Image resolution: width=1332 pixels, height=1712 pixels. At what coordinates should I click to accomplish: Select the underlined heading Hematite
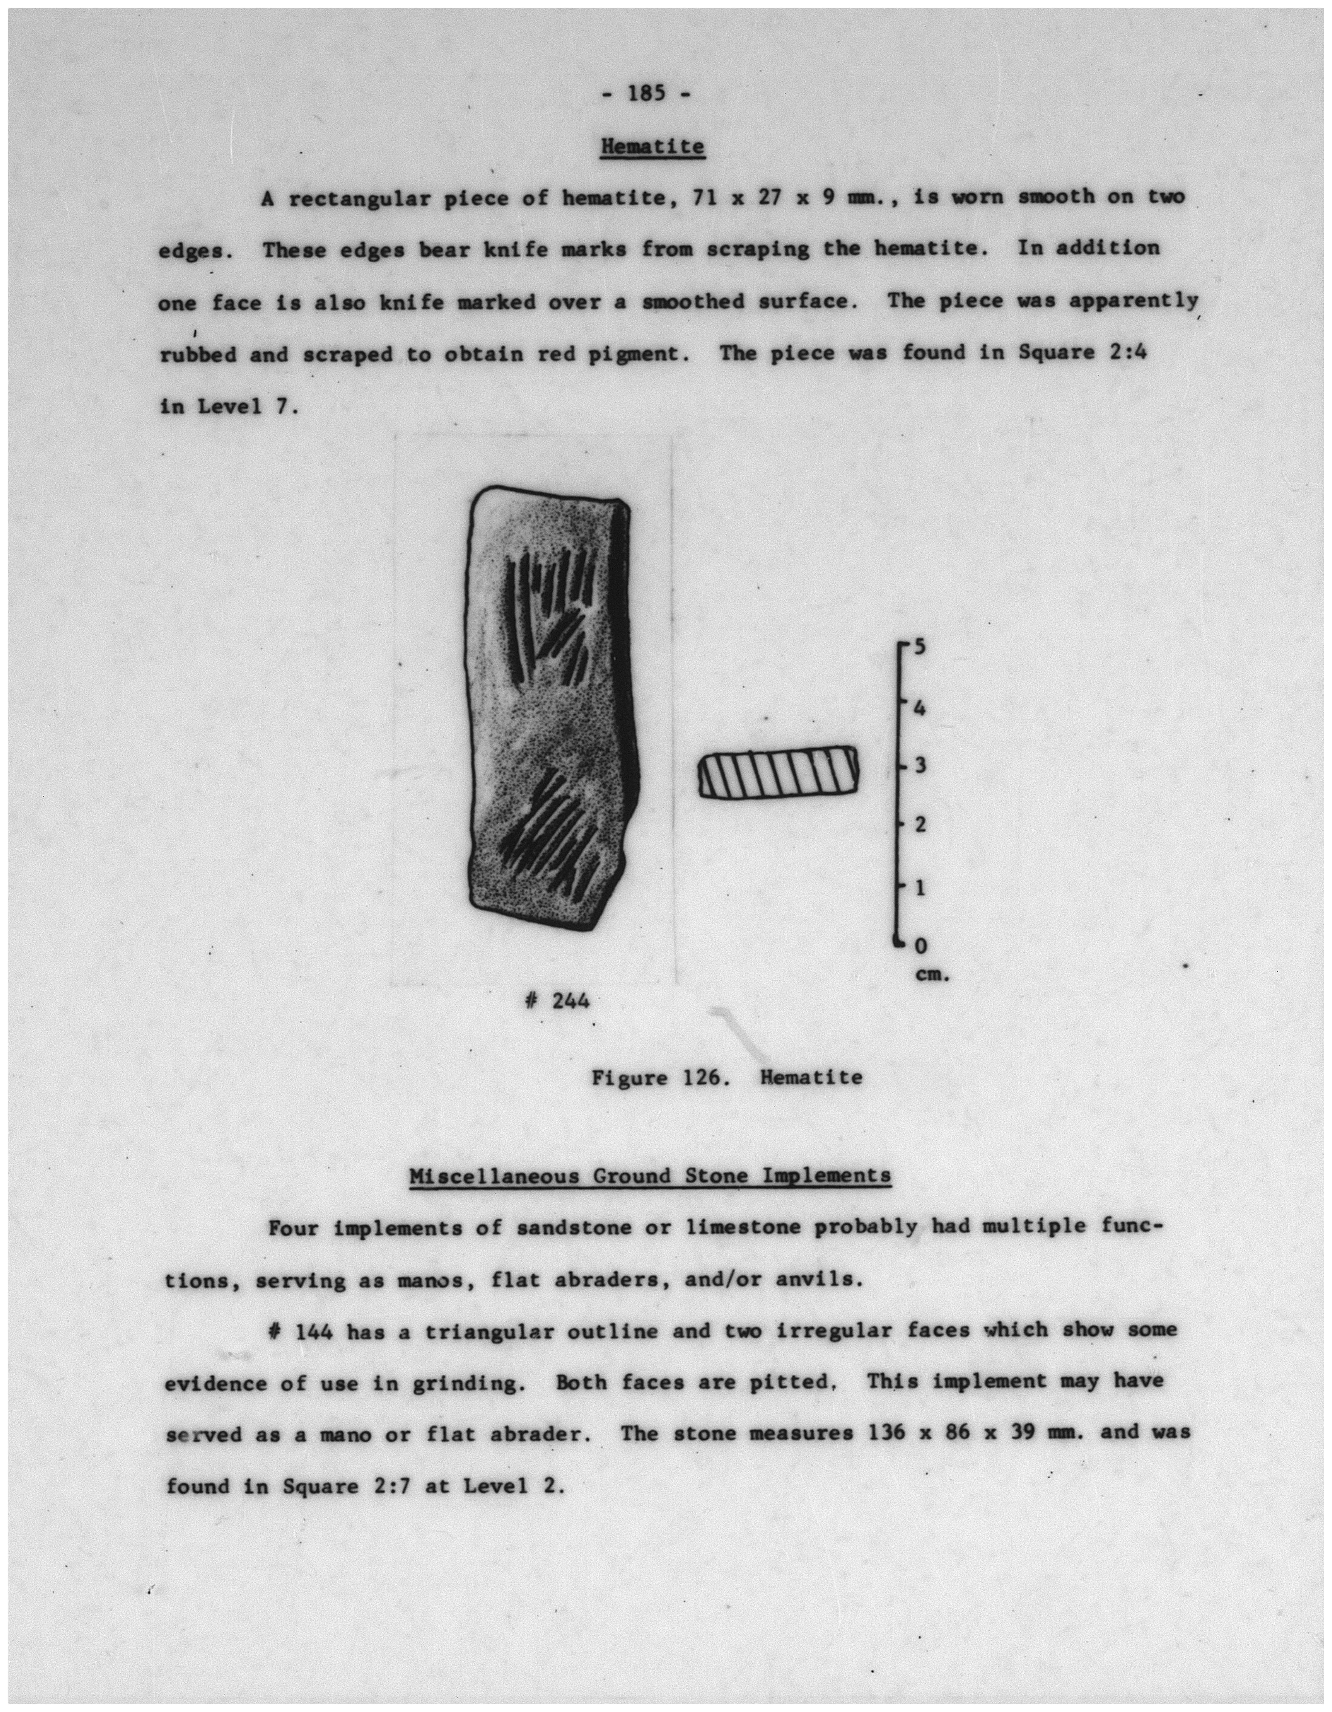pyautogui.click(x=652, y=146)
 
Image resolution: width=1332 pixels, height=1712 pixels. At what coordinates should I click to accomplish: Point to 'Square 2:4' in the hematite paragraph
pyautogui.click(x=1083, y=352)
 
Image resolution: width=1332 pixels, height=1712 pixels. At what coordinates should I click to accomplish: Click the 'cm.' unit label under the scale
pyautogui.click(x=932, y=976)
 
